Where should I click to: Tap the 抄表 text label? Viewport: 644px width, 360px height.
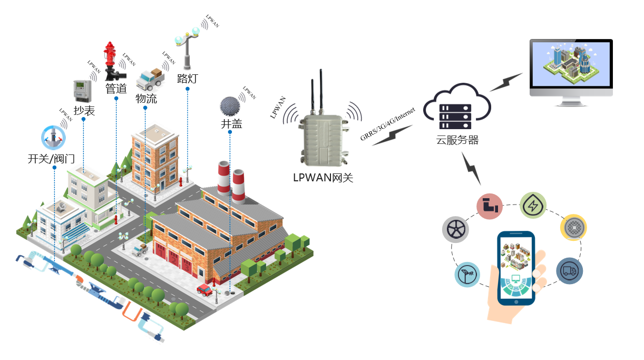tap(84, 111)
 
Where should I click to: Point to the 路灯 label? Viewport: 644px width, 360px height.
tap(187, 79)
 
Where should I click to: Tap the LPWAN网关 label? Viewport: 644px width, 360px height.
tap(323, 178)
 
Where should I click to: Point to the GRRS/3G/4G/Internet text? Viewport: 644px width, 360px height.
tap(388, 124)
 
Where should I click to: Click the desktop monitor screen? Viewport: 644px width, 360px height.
tap(571, 65)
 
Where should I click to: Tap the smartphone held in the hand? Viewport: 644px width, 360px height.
tap(516, 267)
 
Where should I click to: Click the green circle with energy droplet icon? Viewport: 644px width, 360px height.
tap(533, 206)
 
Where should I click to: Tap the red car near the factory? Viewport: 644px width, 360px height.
tap(204, 289)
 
